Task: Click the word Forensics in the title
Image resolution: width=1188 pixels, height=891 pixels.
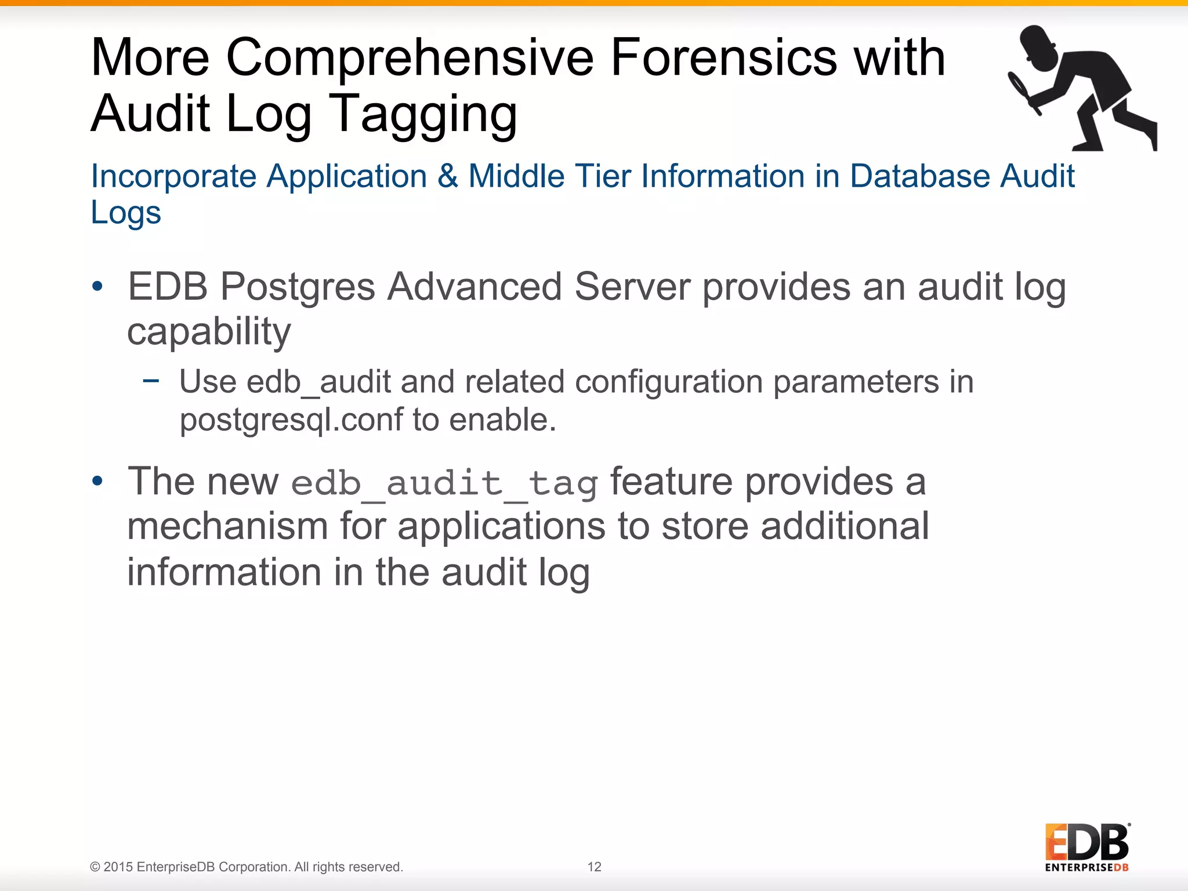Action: click(724, 57)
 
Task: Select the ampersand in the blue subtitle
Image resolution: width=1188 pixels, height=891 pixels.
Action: click(447, 176)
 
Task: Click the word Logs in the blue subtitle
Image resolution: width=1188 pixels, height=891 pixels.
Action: click(126, 213)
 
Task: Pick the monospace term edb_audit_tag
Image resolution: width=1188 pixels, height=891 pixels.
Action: click(444, 483)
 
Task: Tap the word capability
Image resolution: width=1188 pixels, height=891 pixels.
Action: click(209, 332)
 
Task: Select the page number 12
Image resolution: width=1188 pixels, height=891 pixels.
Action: click(594, 867)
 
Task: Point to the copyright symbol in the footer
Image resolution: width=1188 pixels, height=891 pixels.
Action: click(95, 867)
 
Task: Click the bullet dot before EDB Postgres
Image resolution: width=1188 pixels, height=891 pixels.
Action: click(97, 286)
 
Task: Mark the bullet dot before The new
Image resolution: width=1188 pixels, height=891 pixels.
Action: click(97, 481)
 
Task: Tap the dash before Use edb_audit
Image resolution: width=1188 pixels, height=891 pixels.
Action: click(151, 381)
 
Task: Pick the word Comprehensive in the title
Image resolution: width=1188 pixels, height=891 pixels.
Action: click(410, 57)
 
